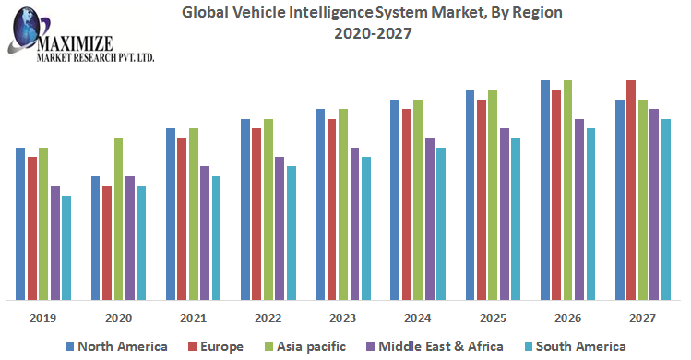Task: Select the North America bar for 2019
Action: point(20,223)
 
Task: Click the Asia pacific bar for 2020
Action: point(119,219)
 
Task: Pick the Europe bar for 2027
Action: point(631,190)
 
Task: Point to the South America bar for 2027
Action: point(666,210)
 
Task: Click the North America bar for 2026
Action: point(545,190)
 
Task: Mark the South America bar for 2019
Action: point(66,247)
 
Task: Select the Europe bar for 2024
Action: point(407,204)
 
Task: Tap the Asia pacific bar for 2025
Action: point(493,195)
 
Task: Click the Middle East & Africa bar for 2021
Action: point(205,233)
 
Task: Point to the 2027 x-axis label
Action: point(643,318)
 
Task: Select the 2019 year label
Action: point(43,318)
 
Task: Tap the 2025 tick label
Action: point(492,318)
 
